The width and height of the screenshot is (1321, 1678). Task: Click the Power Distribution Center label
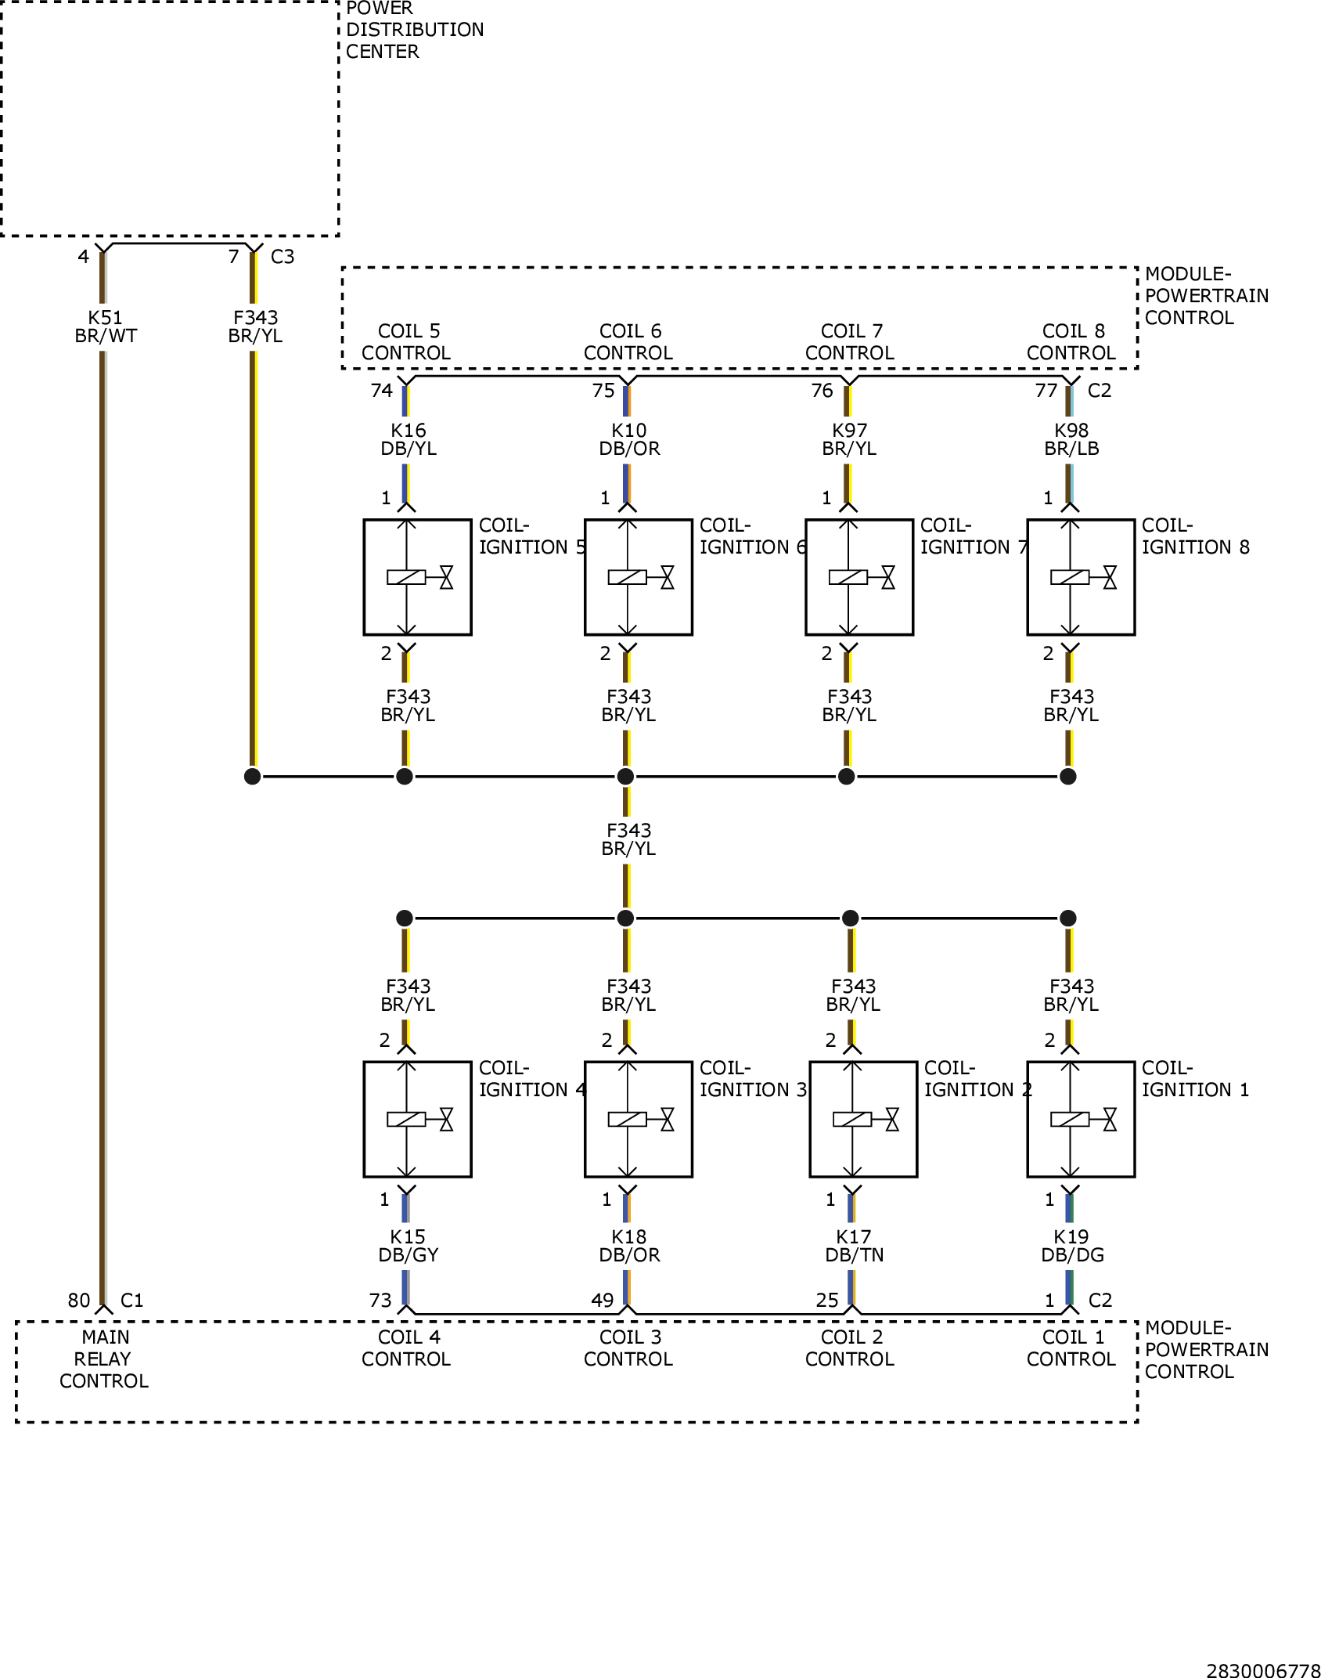(x=415, y=30)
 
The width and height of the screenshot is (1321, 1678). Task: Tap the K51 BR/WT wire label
(x=106, y=327)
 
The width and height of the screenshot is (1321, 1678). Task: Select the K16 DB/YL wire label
(x=409, y=439)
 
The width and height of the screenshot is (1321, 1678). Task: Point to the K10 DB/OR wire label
(x=629, y=439)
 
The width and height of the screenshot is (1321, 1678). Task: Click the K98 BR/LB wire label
(x=1071, y=439)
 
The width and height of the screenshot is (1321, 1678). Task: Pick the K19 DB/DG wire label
(x=1072, y=1246)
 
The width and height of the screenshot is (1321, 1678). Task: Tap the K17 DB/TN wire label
(x=854, y=1246)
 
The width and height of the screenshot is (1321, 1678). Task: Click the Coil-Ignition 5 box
(x=418, y=577)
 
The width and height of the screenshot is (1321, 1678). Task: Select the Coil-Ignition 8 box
(x=1081, y=577)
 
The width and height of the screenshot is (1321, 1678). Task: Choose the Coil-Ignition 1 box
(x=1081, y=1120)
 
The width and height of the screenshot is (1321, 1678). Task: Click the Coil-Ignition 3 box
(x=639, y=1120)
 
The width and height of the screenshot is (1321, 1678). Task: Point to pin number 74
(x=381, y=390)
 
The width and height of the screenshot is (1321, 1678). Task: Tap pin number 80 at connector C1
(x=79, y=1300)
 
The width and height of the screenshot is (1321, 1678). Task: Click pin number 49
(x=602, y=1300)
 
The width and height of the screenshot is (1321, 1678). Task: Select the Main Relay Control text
(x=104, y=1359)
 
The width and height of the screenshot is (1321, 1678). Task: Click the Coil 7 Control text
(x=850, y=342)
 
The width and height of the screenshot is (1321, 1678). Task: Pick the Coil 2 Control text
(x=850, y=1348)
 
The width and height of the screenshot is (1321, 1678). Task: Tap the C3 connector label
(x=283, y=257)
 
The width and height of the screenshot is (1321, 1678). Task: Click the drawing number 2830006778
(x=1263, y=1670)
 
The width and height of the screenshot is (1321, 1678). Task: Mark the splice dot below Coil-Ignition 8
(x=1068, y=776)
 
